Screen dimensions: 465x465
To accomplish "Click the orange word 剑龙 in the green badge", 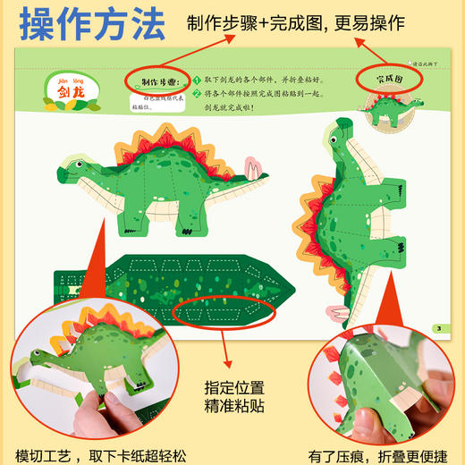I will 72,94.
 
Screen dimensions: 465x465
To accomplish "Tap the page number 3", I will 438,328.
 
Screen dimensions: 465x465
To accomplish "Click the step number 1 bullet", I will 198,78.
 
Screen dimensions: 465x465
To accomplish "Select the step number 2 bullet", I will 198,92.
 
